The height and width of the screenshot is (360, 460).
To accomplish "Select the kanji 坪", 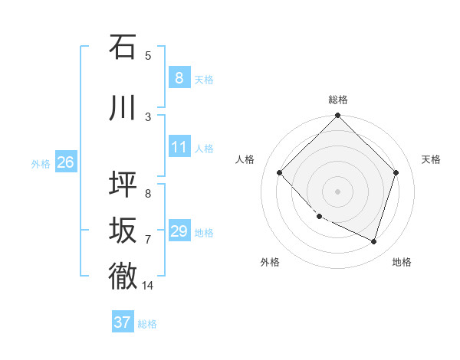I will [x=123, y=185].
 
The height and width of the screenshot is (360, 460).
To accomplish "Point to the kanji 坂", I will [x=123, y=231].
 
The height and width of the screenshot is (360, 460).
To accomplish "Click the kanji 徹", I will [x=123, y=276].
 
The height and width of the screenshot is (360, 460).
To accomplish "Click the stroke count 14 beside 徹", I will [x=147, y=286].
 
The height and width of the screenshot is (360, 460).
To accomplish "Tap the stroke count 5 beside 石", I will [x=147, y=55].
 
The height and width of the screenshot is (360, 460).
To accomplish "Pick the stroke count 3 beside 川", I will [x=147, y=116].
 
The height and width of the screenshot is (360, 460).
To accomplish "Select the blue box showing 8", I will [x=179, y=78].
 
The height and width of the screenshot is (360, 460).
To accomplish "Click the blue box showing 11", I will [x=179, y=147].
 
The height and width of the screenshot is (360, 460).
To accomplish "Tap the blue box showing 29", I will [x=179, y=231].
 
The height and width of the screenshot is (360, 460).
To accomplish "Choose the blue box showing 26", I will [x=65, y=162].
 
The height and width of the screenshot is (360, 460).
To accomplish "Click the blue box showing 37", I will [x=122, y=322].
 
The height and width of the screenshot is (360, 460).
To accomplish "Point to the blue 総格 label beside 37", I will [x=147, y=324].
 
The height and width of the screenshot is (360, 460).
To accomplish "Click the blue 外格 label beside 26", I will [x=41, y=163].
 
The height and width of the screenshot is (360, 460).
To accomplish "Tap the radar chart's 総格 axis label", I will [x=337, y=100].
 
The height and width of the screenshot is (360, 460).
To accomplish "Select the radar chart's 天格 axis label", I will [x=431, y=159].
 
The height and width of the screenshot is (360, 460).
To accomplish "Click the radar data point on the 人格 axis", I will [x=280, y=172].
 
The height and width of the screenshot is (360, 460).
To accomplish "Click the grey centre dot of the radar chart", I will [x=337, y=191].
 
